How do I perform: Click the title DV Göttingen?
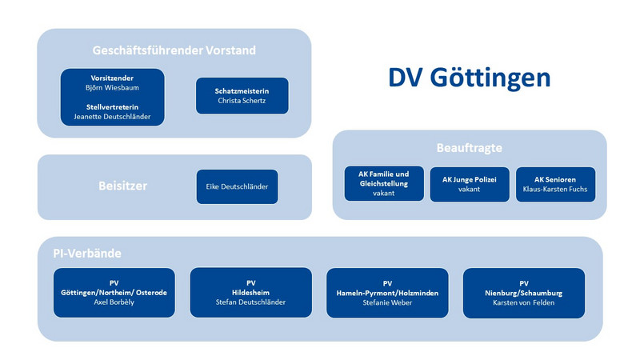[469, 78]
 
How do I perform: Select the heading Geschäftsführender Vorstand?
[174, 50]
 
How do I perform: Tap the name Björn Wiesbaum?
[112, 88]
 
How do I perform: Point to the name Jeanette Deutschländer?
[112, 117]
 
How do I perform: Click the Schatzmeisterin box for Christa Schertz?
[242, 96]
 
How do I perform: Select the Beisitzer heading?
[123, 186]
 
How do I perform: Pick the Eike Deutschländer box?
[237, 186]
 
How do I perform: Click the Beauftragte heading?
[470, 148]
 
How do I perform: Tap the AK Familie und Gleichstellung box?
[384, 183]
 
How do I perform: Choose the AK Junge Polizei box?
[470, 184]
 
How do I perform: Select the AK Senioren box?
[555, 184]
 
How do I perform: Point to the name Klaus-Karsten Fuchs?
[555, 190]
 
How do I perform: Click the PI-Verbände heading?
[87, 254]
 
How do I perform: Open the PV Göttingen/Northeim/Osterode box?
[114, 293]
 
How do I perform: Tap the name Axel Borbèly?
[114, 302]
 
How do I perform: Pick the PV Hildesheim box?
[251, 293]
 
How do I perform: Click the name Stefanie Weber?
[387, 303]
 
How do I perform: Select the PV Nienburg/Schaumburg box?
[524, 293]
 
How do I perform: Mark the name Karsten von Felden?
[524, 303]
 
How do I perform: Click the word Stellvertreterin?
[112, 107]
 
